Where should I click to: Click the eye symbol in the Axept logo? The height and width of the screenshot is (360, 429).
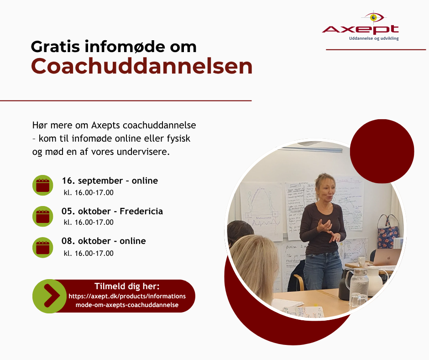coord(373,17)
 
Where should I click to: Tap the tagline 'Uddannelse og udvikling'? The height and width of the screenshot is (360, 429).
coord(374,38)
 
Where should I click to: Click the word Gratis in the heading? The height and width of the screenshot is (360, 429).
coord(55,47)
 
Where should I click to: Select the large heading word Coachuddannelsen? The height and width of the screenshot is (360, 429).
coord(141,66)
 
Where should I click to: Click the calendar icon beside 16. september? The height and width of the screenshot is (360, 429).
coord(43,185)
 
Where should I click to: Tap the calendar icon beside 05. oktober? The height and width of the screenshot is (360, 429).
coord(43,216)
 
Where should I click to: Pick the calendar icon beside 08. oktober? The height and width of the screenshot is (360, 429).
coord(43,248)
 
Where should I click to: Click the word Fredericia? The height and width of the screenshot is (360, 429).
coord(141,211)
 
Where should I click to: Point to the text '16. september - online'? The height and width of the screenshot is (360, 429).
coord(110,181)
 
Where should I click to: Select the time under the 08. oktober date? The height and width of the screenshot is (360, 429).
coord(89,253)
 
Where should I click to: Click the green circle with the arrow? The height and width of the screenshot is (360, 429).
coord(50,296)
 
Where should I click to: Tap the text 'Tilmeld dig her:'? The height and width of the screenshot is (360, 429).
coord(127,286)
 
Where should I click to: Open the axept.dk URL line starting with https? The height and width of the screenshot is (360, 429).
coord(127,296)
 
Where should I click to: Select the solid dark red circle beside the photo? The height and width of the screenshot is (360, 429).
coord(382,151)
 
